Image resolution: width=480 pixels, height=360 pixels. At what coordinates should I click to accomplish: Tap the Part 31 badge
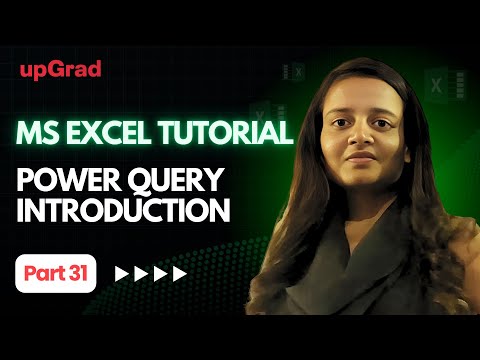pyautogui.click(x=55, y=272)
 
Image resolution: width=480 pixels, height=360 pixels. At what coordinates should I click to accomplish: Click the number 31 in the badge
pyautogui.click(x=77, y=272)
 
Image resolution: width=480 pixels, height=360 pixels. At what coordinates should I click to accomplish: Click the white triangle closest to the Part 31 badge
pyautogui.click(x=122, y=273)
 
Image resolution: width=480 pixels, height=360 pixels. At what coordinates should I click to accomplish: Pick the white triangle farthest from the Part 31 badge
pyautogui.click(x=181, y=273)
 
